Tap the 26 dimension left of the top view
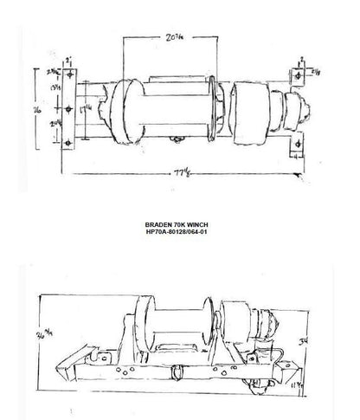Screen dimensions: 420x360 click(36, 112)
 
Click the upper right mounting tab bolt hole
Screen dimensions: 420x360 click(298, 76)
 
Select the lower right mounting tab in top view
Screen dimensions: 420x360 click(296, 149)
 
